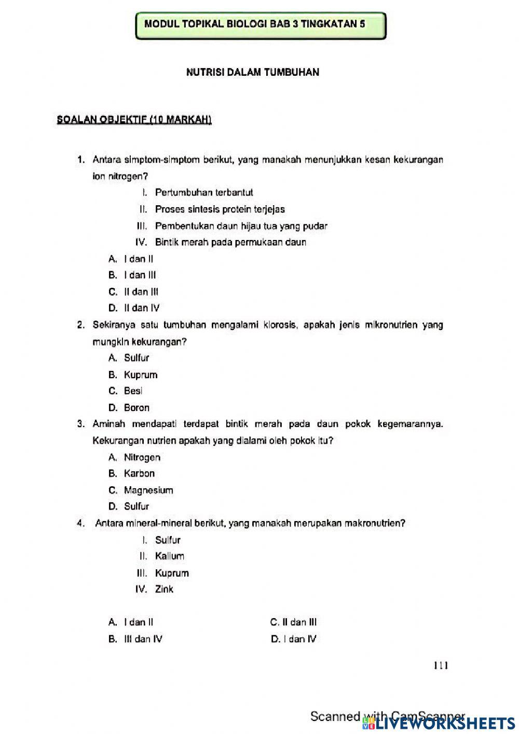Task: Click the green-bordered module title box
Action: (261, 25)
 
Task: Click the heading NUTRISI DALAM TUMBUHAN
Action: (252, 73)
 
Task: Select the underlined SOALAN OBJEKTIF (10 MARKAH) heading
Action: (134, 120)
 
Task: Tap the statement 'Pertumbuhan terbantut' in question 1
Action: (203, 193)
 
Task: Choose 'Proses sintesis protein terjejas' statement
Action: (220, 209)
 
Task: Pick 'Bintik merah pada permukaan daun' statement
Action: (230, 242)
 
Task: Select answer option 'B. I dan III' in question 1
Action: (132, 275)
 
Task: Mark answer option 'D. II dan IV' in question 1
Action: (134, 308)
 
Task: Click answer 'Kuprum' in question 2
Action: (140, 375)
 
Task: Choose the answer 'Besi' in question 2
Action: (133, 391)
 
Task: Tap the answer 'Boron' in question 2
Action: (136, 408)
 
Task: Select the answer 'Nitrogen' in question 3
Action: (142, 458)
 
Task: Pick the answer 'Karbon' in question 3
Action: (139, 474)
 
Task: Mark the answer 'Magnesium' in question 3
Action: (148, 490)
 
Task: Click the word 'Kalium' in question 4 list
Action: (169, 556)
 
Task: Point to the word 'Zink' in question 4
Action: (164, 590)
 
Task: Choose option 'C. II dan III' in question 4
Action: (293, 622)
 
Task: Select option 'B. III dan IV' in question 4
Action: (135, 639)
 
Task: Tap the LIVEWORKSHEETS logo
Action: (439, 723)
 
